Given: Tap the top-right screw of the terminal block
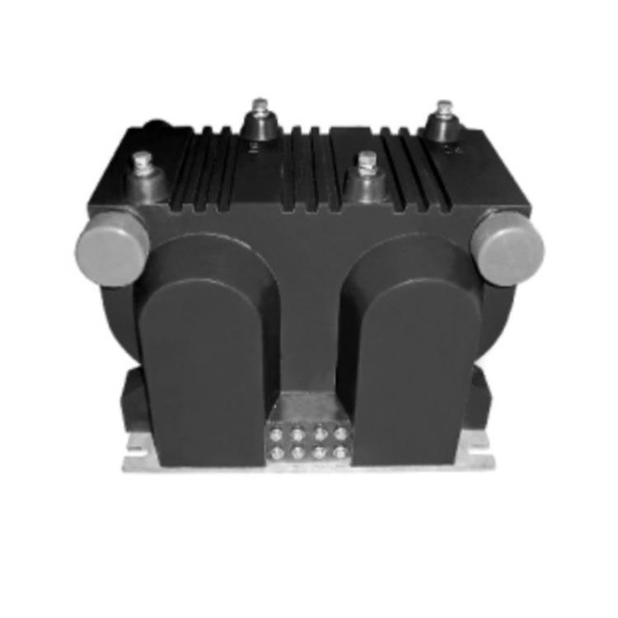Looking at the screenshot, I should click(x=339, y=432).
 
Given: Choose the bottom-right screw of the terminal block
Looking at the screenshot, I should click(x=339, y=452).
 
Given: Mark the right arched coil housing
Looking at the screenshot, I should click(x=412, y=363).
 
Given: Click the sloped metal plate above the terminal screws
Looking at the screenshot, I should click(x=308, y=408).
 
